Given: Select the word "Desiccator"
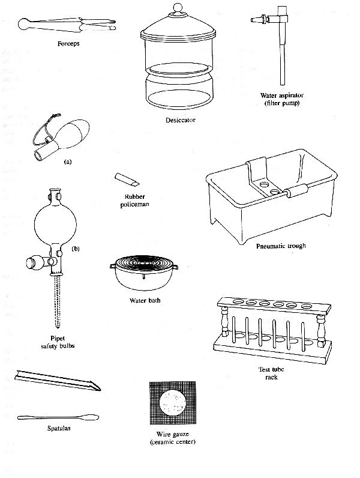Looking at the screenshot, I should [178, 120].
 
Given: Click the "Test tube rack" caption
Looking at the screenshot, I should [267, 373].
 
